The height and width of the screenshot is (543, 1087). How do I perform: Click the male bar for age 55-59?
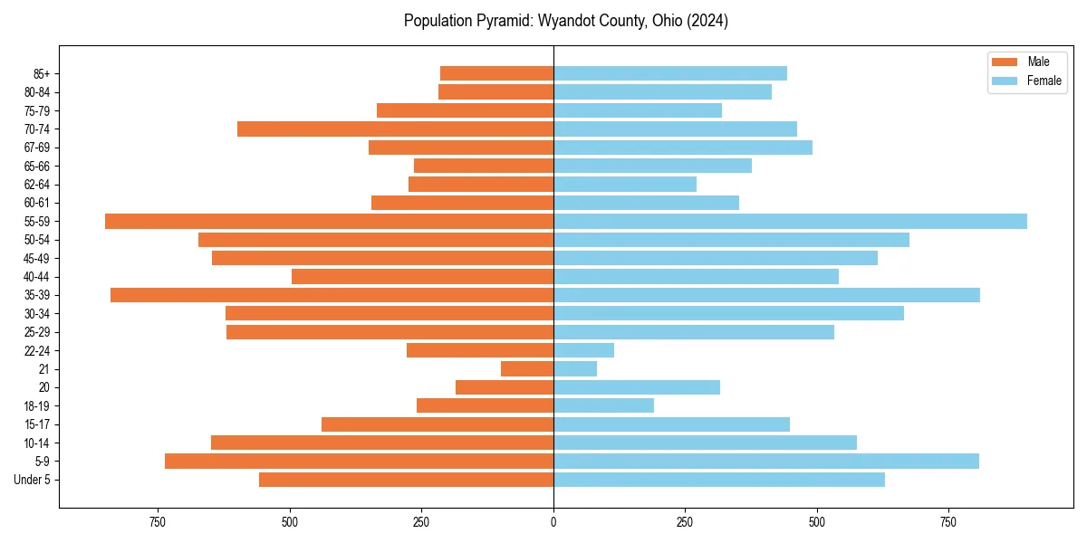[x=329, y=221]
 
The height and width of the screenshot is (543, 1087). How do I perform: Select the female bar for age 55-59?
[x=790, y=221]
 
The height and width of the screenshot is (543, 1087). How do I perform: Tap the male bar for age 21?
[x=527, y=368]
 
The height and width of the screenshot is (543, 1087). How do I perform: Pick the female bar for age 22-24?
[x=583, y=350]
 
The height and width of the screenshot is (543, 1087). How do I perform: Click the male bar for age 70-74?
[x=395, y=129]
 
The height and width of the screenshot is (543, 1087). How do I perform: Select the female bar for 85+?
[x=670, y=73]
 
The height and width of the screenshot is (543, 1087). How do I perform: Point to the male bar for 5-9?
[x=359, y=461]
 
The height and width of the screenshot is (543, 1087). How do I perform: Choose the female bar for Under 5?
[x=719, y=480]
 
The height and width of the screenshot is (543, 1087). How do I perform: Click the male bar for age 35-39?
[x=332, y=295]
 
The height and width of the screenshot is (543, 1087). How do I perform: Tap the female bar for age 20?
[x=637, y=387]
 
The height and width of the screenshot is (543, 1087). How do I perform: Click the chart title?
[x=565, y=21]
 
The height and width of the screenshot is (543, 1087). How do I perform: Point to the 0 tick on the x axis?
[x=553, y=522]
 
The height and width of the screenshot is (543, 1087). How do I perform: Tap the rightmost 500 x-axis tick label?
[x=817, y=522]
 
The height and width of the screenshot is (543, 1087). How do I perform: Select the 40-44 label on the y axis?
[x=37, y=277]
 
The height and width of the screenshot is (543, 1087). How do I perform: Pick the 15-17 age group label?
[x=37, y=424]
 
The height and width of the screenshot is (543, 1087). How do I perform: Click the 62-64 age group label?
[x=37, y=185]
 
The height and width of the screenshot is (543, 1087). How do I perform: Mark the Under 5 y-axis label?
[x=33, y=480]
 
